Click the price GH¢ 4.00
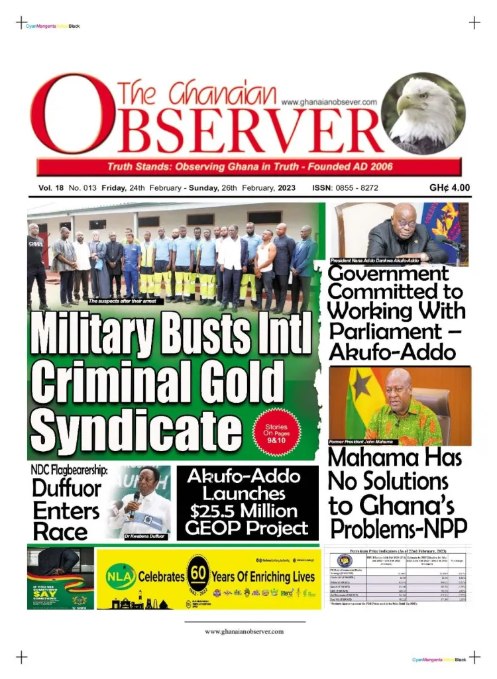[x=449, y=187]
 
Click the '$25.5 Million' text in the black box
[x=247, y=511]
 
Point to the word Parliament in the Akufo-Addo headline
[x=375, y=331]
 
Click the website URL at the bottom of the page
[x=245, y=631]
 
